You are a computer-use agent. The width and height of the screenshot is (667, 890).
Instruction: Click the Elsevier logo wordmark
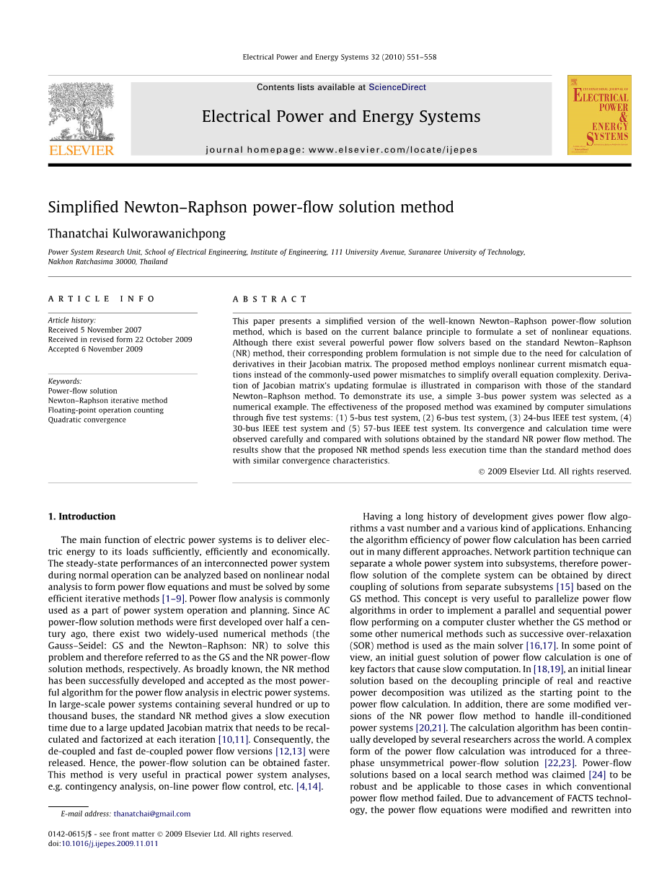(81, 150)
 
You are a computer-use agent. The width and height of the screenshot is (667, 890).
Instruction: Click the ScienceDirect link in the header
(397, 87)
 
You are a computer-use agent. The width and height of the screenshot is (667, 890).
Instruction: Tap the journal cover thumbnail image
(598, 115)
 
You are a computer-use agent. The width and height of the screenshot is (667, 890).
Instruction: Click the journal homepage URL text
(341, 150)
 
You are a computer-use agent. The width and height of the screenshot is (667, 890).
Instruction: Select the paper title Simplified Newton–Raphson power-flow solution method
(251, 208)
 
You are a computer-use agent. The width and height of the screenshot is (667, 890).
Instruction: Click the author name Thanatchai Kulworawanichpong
(136, 234)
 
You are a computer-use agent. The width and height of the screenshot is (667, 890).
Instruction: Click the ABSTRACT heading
(270, 299)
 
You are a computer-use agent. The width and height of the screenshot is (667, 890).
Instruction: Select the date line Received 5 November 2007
(94, 330)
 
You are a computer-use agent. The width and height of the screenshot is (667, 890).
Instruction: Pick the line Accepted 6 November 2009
(95, 349)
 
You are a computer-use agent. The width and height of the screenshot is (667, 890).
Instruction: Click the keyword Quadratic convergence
(87, 420)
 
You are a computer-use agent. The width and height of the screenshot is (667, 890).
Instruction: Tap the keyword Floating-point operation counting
(105, 410)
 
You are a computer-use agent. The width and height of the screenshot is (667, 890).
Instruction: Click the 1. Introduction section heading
(81, 516)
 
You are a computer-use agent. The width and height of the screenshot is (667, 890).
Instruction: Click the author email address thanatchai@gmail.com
(151, 814)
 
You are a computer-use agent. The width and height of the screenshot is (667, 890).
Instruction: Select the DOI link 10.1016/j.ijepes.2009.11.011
(110, 843)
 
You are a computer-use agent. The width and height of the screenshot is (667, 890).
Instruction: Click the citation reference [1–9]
(173, 598)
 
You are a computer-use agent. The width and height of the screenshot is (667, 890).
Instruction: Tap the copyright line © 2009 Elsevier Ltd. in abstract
(555, 472)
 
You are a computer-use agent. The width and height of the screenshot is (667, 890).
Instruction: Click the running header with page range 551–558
(339, 57)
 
